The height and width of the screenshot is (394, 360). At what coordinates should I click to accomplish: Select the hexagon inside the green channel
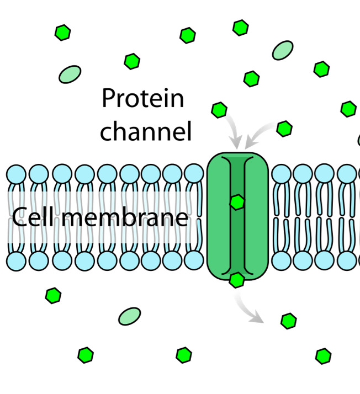237,203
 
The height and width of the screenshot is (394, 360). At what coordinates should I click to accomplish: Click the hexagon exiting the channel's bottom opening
236,280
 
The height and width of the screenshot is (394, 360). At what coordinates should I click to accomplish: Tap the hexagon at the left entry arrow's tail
219,110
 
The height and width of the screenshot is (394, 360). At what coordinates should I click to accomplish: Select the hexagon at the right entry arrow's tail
284,129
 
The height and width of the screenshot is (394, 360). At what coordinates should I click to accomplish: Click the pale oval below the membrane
130,317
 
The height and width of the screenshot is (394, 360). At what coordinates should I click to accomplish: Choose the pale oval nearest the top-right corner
283,50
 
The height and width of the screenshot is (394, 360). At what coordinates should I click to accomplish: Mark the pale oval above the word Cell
70,74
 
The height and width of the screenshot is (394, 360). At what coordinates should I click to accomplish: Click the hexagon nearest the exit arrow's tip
288,321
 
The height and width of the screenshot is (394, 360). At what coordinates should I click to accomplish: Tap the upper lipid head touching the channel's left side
194,174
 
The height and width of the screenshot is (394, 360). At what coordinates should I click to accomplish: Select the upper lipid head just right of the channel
281,174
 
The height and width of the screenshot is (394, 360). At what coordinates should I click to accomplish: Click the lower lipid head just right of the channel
281,260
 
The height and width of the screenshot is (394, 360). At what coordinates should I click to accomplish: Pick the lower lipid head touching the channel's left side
194,260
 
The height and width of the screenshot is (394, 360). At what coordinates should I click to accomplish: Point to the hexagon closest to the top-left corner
63,33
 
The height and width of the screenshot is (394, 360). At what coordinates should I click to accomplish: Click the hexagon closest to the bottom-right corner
324,356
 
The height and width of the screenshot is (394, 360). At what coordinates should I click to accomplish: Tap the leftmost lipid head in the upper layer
17,174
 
